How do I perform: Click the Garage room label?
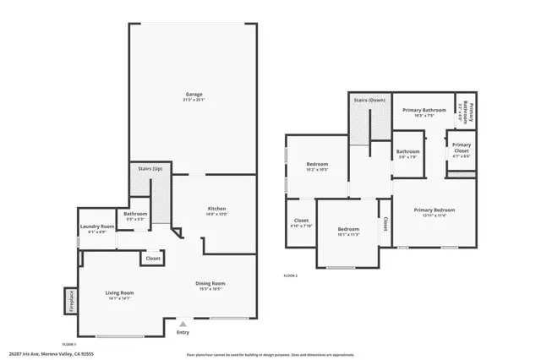click(194, 94)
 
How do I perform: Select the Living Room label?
click(119, 292)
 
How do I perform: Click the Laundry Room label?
click(97, 226)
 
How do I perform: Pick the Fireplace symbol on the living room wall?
click(69, 300)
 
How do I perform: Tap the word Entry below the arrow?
click(183, 332)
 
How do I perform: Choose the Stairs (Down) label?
click(369, 100)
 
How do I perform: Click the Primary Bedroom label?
click(434, 210)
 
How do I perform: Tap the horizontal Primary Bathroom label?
click(424, 110)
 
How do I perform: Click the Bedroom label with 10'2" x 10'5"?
click(317, 163)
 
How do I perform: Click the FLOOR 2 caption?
click(291, 275)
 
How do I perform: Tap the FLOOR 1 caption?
click(68, 344)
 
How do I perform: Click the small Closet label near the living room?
click(153, 259)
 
